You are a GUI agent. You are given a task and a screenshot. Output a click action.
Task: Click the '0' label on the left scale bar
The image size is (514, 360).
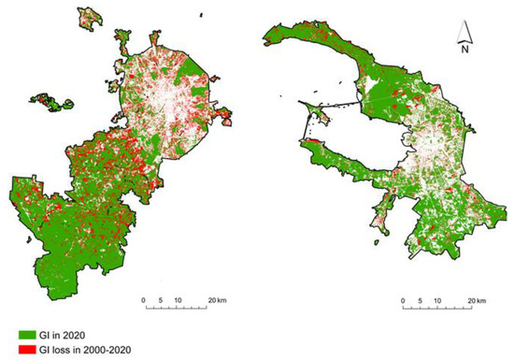click(143, 300)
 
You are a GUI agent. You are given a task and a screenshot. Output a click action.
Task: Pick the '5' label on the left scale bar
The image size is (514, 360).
click(160, 300)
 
